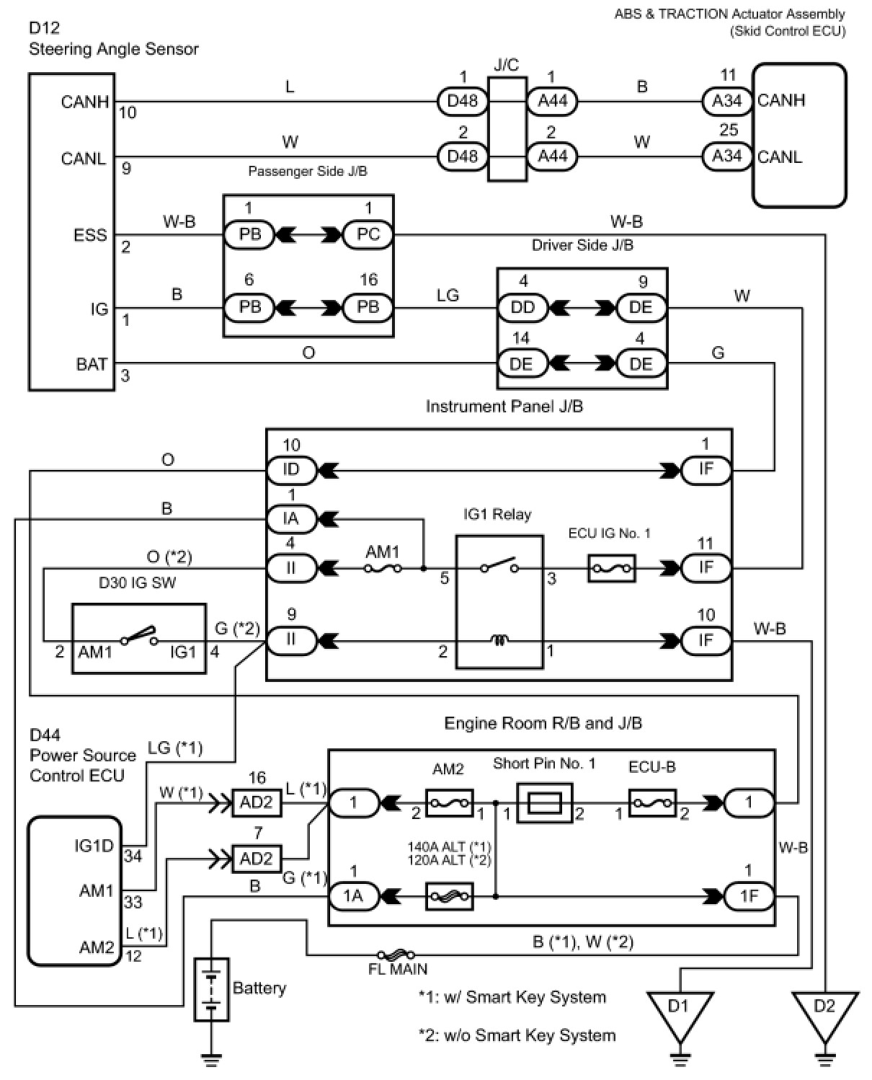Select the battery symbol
click(x=212, y=989)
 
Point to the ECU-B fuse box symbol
click(x=652, y=802)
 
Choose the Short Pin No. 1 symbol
click(x=545, y=803)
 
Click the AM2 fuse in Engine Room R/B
click(x=450, y=802)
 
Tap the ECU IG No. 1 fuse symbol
click(x=612, y=568)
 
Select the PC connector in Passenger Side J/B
click(x=368, y=235)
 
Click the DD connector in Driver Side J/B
click(x=522, y=307)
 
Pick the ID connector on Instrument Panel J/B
click(x=291, y=470)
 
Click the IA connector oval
click(x=291, y=518)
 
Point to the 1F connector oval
click(x=749, y=896)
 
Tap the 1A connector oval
click(x=354, y=896)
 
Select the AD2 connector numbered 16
click(x=257, y=802)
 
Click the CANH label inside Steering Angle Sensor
click(x=84, y=102)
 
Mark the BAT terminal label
click(x=92, y=364)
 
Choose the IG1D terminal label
click(x=94, y=845)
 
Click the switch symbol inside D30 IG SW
click(x=139, y=636)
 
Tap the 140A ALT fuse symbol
click(x=450, y=896)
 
